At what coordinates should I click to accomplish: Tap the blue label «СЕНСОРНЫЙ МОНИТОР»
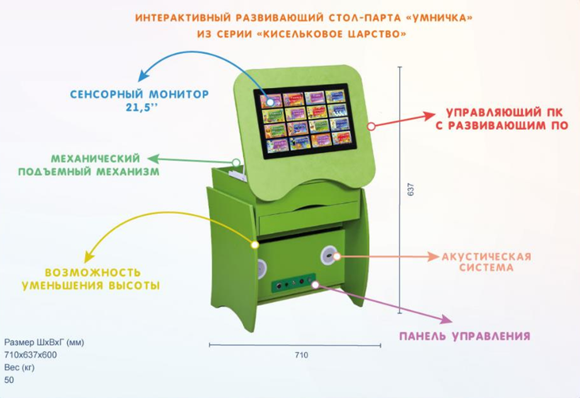click(x=139, y=94)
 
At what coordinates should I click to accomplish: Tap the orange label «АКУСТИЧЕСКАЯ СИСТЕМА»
click(x=486, y=262)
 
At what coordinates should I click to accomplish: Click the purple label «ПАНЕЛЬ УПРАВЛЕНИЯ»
click(x=463, y=336)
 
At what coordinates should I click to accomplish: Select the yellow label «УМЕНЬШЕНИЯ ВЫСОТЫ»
click(x=90, y=285)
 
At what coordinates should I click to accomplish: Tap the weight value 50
click(x=9, y=380)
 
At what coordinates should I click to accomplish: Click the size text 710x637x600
click(x=30, y=354)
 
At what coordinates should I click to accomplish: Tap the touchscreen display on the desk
click(x=304, y=121)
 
